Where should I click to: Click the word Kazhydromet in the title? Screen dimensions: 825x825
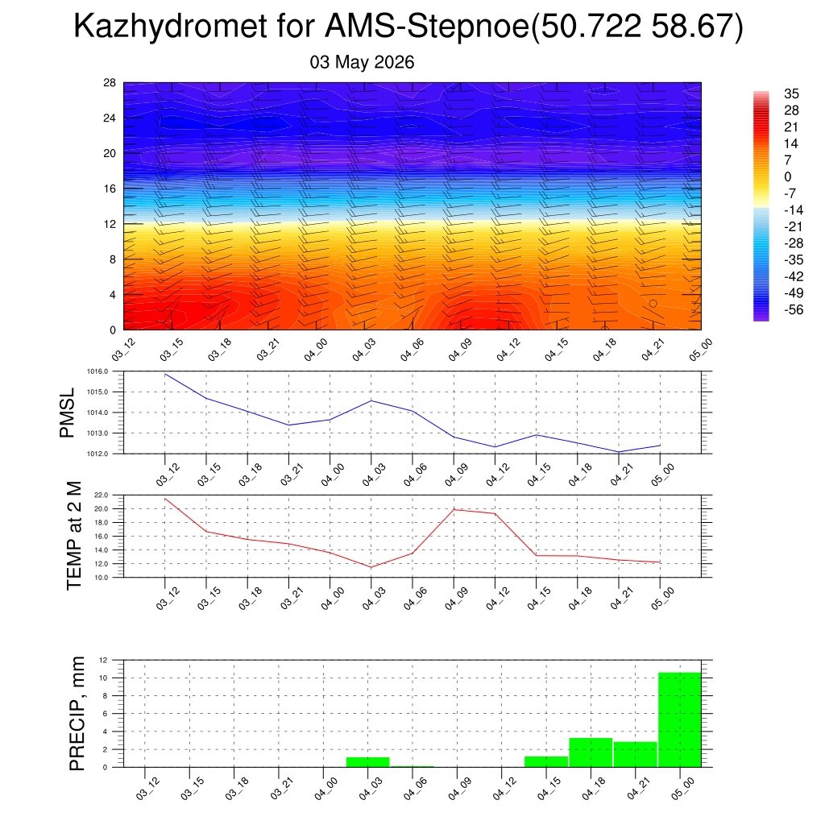click(x=171, y=27)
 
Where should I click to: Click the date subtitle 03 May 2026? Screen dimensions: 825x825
click(x=362, y=62)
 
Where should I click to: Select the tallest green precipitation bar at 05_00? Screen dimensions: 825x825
click(x=680, y=719)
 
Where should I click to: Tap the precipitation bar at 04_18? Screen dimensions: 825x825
click(x=591, y=752)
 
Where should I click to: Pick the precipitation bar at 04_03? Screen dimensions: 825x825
click(x=367, y=762)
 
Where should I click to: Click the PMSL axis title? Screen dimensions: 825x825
click(x=67, y=413)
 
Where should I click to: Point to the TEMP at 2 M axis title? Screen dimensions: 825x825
click(x=75, y=536)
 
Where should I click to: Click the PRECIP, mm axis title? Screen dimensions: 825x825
click(x=77, y=714)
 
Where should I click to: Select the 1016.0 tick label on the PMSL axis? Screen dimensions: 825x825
click(x=97, y=371)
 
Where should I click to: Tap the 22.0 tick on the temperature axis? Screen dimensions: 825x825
click(x=102, y=495)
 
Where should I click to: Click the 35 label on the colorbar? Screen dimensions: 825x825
click(x=791, y=93)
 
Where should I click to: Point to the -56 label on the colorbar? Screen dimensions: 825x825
click(x=794, y=309)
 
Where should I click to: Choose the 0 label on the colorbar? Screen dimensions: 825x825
click(x=788, y=176)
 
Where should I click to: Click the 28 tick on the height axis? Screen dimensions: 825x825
click(x=110, y=83)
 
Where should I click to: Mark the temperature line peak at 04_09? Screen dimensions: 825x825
click(x=454, y=509)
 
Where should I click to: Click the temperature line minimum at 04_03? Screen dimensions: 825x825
click(x=371, y=567)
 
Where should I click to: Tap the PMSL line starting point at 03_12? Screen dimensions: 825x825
click(x=165, y=375)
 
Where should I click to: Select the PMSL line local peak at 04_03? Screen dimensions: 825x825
click(x=371, y=401)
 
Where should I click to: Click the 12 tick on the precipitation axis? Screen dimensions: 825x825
click(x=103, y=660)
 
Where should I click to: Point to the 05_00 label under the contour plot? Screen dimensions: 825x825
click(x=700, y=350)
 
